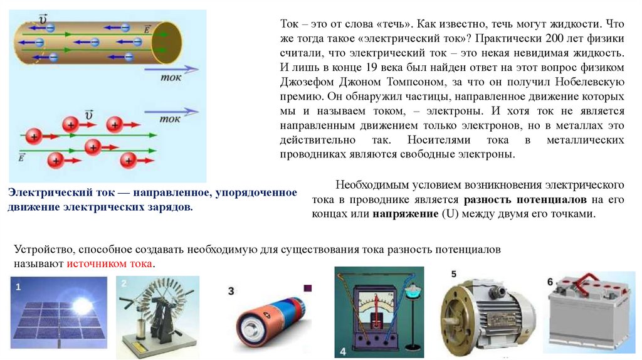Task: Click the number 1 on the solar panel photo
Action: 18,287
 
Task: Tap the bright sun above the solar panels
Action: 82,305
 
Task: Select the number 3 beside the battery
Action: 231,291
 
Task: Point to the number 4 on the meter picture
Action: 343,351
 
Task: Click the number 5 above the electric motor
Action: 454,274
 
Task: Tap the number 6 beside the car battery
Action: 550,282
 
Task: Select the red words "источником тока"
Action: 109,264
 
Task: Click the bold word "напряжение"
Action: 406,214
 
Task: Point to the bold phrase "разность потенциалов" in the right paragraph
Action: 525,199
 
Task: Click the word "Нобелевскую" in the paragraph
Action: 590,82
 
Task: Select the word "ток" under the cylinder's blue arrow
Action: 171,77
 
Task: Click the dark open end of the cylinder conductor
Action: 166,43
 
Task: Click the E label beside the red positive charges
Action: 21,157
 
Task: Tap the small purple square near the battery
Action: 308,288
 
